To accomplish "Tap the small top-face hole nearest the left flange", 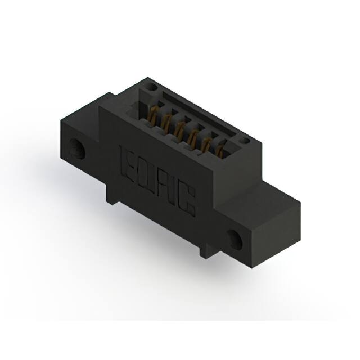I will (x=152, y=88).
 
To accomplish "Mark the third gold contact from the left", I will (x=179, y=130).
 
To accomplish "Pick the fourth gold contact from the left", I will (x=193, y=138).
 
